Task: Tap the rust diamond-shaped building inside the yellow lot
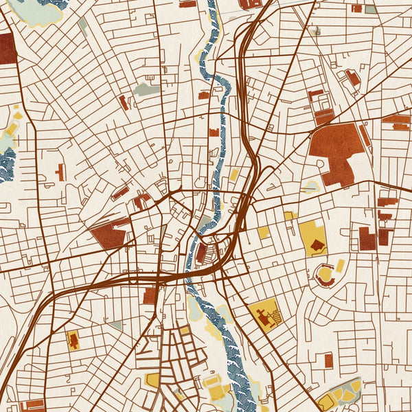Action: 317,244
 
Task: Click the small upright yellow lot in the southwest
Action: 73,339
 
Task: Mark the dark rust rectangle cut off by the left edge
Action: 7,48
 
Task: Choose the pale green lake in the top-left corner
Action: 36,12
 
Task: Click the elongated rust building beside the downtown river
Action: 202,253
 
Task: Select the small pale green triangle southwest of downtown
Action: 116,325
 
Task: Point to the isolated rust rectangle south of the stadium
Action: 328,359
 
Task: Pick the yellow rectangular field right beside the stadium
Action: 340,266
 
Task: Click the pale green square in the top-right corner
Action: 371,10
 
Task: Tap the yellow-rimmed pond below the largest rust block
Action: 312,186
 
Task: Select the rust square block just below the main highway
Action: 150,296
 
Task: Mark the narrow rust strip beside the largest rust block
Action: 365,135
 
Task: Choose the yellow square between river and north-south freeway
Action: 234,174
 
